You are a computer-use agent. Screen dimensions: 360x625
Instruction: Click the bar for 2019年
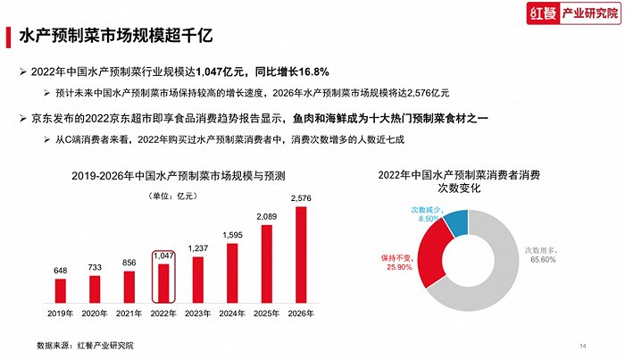click(x=61, y=290)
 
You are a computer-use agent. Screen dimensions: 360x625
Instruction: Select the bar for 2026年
click(x=300, y=255)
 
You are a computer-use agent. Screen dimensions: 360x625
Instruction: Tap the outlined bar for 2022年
click(x=163, y=282)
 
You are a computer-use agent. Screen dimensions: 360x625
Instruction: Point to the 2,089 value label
click(x=266, y=217)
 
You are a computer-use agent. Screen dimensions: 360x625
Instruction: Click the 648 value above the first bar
click(x=61, y=271)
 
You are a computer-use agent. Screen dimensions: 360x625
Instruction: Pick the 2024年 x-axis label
click(x=232, y=314)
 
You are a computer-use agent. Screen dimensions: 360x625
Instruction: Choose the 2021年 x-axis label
click(x=129, y=314)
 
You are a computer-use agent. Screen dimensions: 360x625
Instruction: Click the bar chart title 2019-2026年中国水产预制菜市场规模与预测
click(x=174, y=176)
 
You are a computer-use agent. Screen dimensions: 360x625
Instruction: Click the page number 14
click(x=583, y=346)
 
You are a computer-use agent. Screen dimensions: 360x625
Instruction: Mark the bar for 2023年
click(x=197, y=280)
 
